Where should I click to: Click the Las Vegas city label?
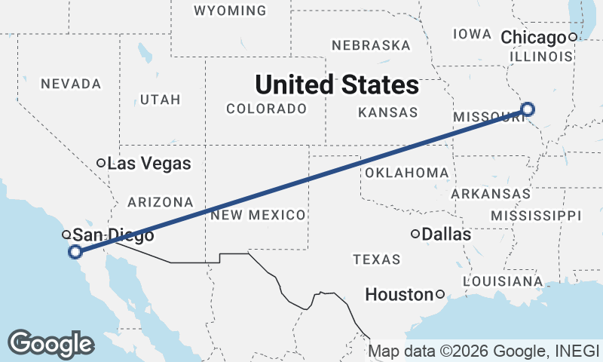pos(148,163)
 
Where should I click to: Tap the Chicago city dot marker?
pos(573,37)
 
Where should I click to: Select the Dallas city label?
pos(446,235)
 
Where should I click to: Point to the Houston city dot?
pos(440,294)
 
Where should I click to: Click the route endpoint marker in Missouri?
pos(528,109)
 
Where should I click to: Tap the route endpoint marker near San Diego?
pos(75,252)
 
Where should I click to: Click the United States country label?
pos(336,84)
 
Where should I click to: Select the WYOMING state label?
pos(230,11)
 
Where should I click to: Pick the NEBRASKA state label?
pos(371,45)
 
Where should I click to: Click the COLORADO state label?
pos(266,109)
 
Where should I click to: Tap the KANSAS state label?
pos(387,112)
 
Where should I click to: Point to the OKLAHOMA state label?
pos(406,173)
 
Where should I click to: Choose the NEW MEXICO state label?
pos(259,215)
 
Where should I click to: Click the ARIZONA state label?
pos(161,202)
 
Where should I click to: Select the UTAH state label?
pos(161,100)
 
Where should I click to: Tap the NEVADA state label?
pos(71,83)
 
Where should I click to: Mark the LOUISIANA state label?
pos(497,281)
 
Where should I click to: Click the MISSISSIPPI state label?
pos(536,216)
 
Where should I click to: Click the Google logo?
pos(51,343)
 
